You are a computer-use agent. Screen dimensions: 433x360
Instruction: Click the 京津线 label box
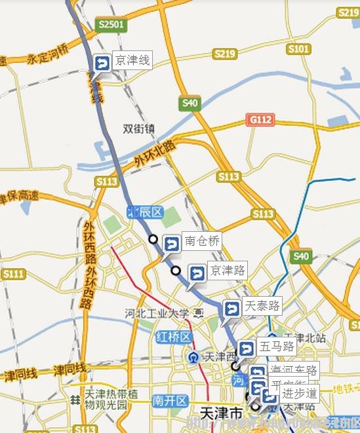132,61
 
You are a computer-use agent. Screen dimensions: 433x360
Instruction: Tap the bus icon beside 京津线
103,63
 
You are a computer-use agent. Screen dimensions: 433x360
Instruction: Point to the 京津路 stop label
227,269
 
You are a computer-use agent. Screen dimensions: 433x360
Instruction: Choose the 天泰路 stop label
261,305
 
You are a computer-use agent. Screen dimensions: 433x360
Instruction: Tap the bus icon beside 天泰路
232,309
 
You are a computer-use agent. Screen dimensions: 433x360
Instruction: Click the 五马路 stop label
275,345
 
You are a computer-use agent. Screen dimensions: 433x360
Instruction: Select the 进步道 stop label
299,394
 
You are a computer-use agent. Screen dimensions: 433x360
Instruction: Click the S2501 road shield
110,24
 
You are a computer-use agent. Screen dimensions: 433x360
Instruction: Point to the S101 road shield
298,48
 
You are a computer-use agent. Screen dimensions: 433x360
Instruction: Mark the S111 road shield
13,273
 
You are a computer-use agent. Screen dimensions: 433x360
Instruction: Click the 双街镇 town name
138,129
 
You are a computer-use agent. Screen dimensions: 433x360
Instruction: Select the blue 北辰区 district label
144,211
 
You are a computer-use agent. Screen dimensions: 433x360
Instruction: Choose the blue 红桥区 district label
172,337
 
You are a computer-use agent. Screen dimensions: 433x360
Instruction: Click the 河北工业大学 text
157,314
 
